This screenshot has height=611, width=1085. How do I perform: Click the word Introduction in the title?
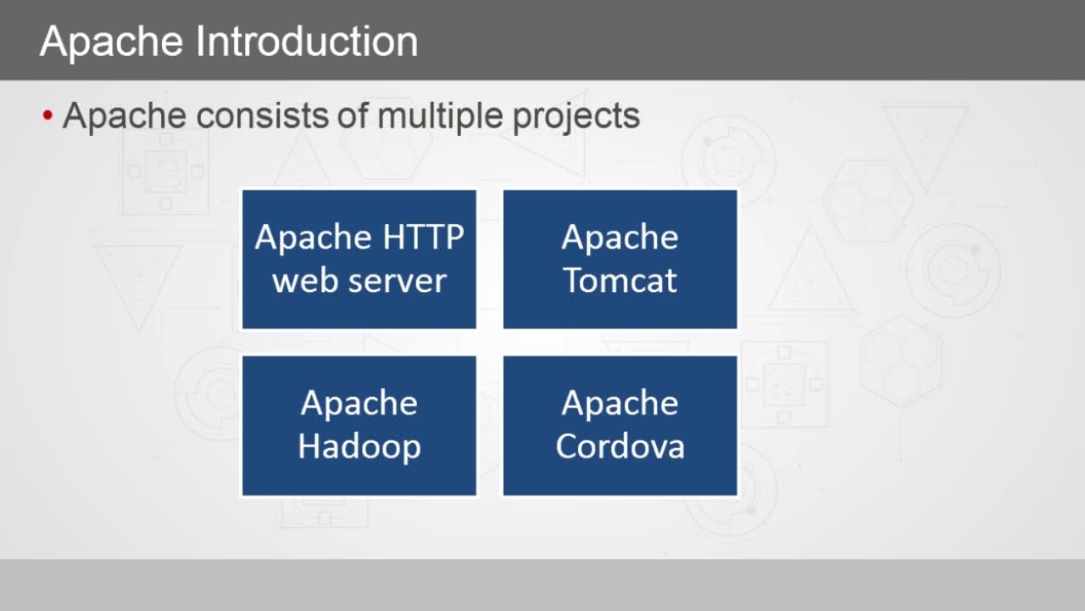pyautogui.click(x=307, y=42)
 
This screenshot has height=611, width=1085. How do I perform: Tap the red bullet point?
pyautogui.click(x=47, y=115)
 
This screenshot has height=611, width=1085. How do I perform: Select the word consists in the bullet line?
pyautogui.click(x=263, y=116)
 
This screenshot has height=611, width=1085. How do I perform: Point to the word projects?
pyautogui.click(x=576, y=117)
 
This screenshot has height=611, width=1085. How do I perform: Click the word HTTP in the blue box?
pyautogui.click(x=423, y=237)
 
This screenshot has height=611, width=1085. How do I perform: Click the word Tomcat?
pyautogui.click(x=620, y=280)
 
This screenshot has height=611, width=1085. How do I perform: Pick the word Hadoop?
pyautogui.click(x=359, y=446)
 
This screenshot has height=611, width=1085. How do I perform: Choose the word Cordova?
pyautogui.click(x=620, y=446)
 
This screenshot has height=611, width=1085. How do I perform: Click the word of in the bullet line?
pyautogui.click(x=353, y=116)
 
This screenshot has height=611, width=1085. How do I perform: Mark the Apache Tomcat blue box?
pyautogui.click(x=620, y=260)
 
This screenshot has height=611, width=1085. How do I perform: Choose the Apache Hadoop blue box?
pyautogui.click(x=359, y=426)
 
